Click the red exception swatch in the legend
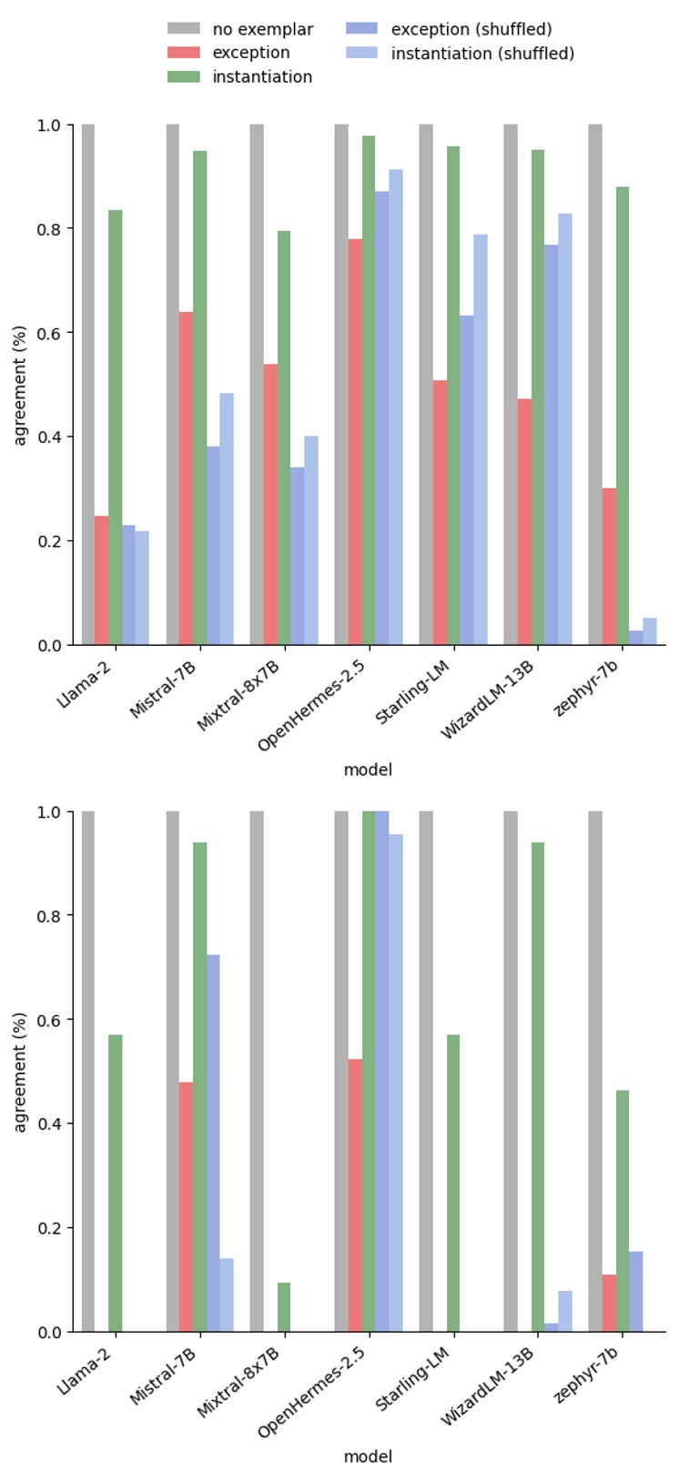[184, 54]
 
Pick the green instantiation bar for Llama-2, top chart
[116, 428]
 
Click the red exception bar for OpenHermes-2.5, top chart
[355, 442]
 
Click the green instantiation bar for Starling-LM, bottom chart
[453, 1183]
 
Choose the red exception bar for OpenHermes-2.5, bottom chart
[355, 1195]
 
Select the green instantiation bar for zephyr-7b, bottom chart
[622, 1211]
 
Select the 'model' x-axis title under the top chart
[368, 770]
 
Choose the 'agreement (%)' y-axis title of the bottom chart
[20, 1072]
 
